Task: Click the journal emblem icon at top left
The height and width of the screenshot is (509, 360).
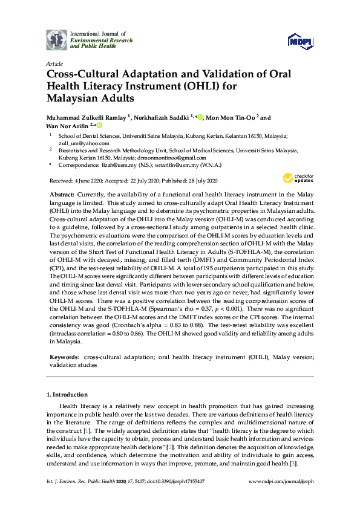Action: tap(57, 39)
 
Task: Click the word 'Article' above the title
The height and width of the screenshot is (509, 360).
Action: tap(54, 63)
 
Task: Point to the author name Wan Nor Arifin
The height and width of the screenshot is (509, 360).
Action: tap(68, 126)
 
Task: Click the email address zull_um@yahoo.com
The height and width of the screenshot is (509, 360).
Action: tap(81, 143)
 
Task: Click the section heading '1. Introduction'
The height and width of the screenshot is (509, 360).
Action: tap(67, 395)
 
